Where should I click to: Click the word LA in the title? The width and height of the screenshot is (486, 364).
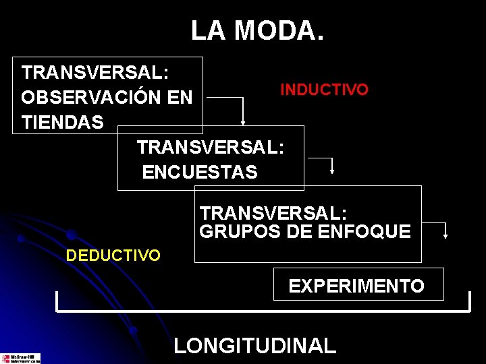click(x=205, y=30)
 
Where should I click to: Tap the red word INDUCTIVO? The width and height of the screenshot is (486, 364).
click(x=324, y=90)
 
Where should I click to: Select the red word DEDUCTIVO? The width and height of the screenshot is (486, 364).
click(x=113, y=255)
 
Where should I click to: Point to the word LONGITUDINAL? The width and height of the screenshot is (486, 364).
click(x=254, y=346)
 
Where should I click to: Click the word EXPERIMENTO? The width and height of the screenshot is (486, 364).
click(x=356, y=286)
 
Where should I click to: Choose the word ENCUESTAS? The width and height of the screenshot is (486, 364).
click(x=200, y=173)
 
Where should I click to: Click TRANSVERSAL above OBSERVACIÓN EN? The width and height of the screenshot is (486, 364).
click(x=95, y=72)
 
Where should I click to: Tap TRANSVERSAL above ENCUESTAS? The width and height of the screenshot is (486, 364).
click(x=211, y=147)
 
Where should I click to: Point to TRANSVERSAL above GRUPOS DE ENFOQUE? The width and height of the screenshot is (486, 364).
click(x=273, y=214)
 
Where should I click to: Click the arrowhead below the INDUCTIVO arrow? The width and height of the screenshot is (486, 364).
click(x=243, y=122)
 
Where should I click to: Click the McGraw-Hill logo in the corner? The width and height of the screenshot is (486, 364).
click(x=20, y=359)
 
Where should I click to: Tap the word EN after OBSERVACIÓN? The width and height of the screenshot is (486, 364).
click(x=180, y=98)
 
